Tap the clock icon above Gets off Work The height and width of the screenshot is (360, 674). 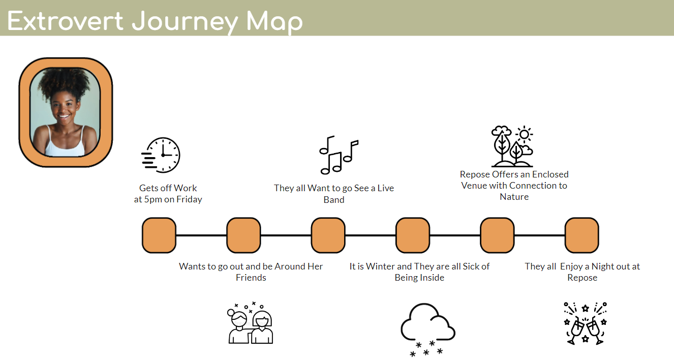161,155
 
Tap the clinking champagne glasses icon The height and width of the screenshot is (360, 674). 586,323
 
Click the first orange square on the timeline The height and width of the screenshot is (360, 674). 159,235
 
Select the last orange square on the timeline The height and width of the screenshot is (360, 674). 582,235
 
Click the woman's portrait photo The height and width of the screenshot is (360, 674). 65,112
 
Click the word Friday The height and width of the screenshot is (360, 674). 189,199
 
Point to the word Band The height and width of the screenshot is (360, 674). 334,200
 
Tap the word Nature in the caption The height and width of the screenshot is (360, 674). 514,197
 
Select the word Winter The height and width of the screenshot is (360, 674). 381,266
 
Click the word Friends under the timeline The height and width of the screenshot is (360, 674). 251,278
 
